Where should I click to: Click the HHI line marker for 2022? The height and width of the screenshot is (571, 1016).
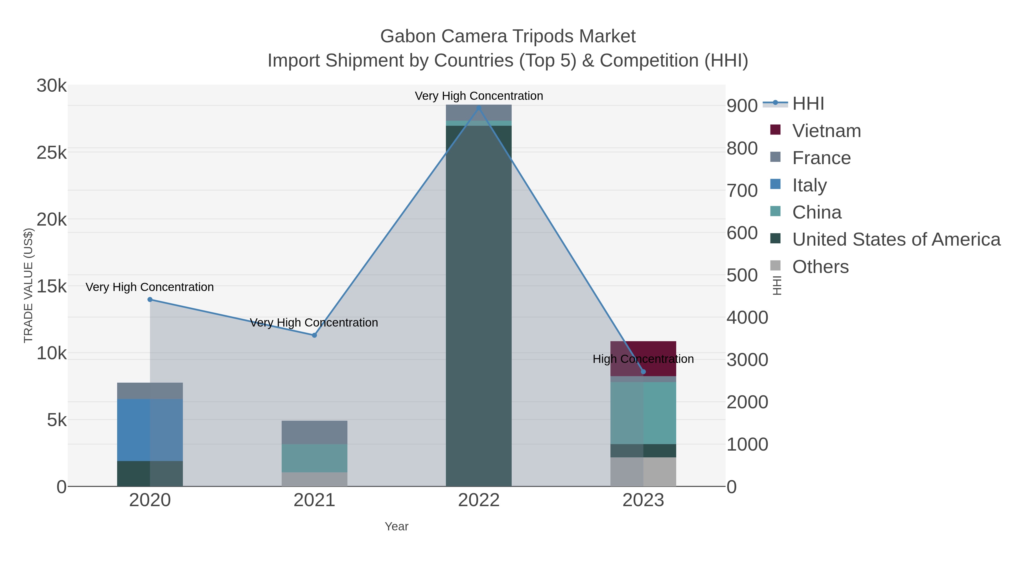tap(479, 108)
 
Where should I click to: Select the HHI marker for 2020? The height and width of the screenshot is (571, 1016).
tap(150, 299)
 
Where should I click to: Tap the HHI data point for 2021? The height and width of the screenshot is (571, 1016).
tap(314, 335)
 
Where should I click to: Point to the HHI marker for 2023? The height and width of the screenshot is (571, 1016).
tap(643, 372)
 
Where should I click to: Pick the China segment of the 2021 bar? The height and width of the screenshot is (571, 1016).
tap(314, 458)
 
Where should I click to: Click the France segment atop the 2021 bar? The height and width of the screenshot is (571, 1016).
tap(314, 432)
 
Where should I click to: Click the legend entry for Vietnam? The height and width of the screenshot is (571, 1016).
tap(826, 131)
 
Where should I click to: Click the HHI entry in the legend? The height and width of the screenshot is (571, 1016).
tap(808, 104)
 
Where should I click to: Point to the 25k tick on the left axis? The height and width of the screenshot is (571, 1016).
tap(52, 153)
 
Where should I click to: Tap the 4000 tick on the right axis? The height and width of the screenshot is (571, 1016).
tap(747, 318)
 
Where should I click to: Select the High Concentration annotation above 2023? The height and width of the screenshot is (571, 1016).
tap(643, 359)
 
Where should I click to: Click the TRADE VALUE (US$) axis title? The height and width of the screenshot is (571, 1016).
tap(29, 285)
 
